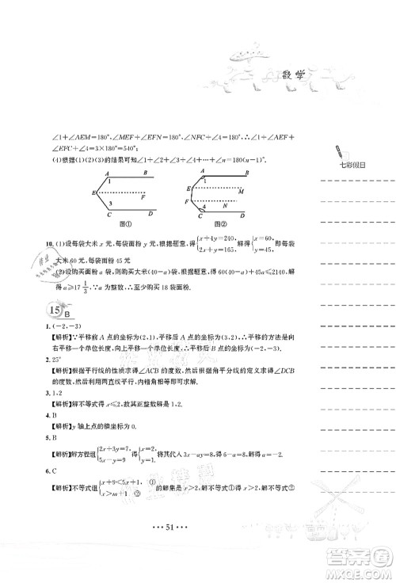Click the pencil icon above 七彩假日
click(339, 151)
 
